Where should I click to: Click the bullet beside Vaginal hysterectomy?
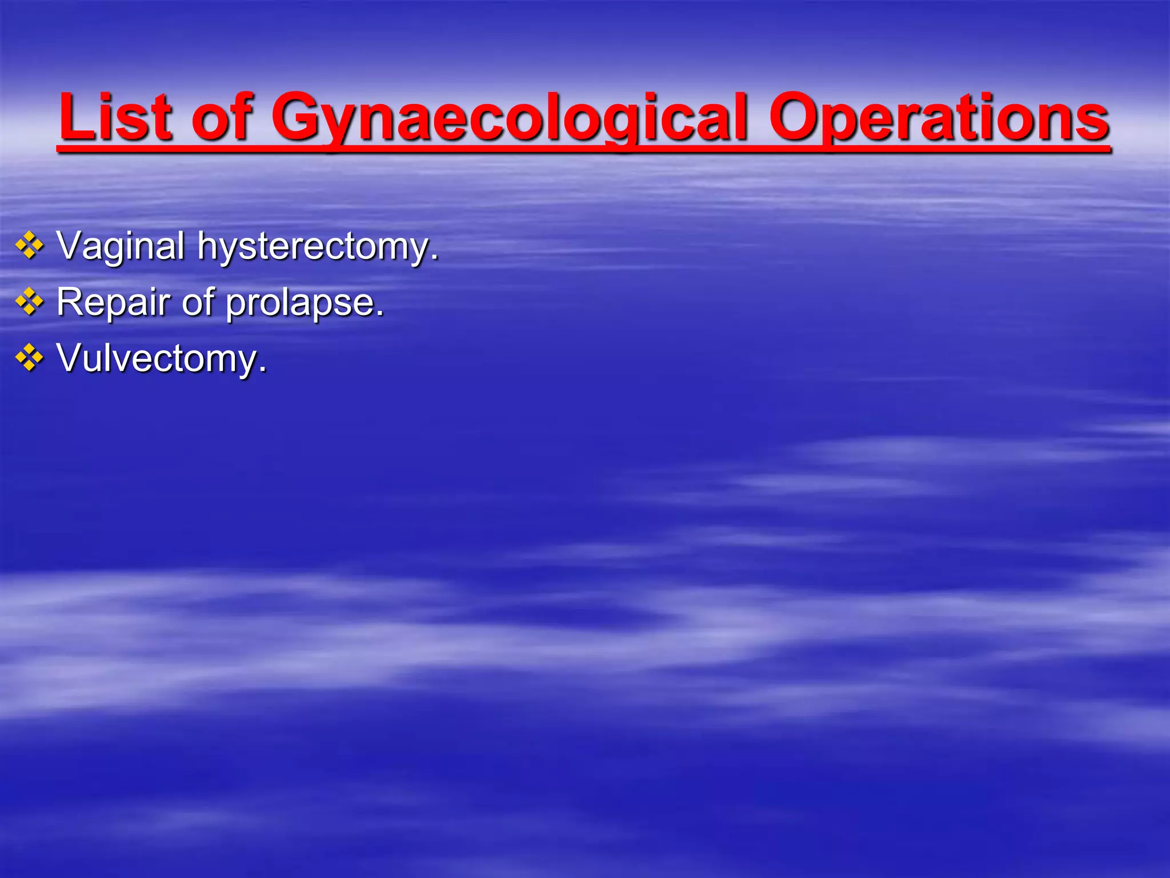[30, 246]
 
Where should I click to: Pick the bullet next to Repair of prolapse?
[30, 302]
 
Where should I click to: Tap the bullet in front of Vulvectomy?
[30, 358]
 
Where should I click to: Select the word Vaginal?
[121, 247]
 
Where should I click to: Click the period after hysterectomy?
[435, 259]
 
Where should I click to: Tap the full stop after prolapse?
[380, 315]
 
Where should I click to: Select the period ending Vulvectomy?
[262, 371]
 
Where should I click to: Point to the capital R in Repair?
[70, 302]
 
